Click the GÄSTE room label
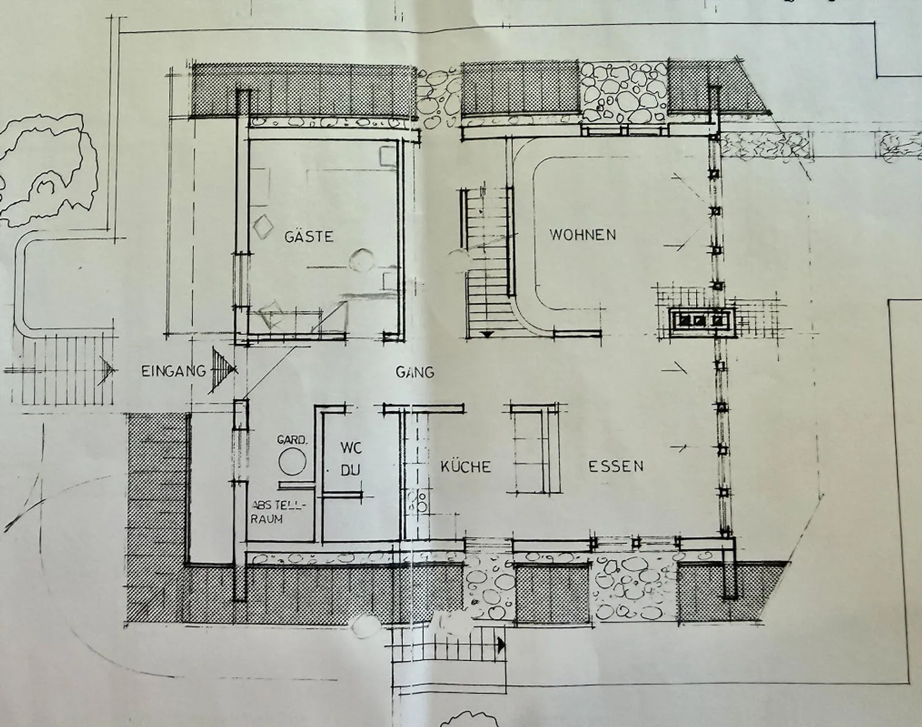[x=309, y=236]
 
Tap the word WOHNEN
[x=583, y=234]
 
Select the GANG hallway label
[x=415, y=372]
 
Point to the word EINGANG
[x=174, y=371]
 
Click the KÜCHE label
[x=465, y=466]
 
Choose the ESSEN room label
[x=616, y=466]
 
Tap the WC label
[x=352, y=448]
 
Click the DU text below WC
[x=351, y=470]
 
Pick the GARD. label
[x=292, y=440]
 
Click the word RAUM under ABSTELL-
[x=266, y=519]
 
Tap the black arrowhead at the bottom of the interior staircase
[x=487, y=334]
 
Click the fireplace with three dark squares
[x=701, y=320]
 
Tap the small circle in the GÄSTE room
[x=360, y=260]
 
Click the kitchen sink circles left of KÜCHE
[x=417, y=502]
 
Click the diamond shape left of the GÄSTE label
[x=263, y=225]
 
